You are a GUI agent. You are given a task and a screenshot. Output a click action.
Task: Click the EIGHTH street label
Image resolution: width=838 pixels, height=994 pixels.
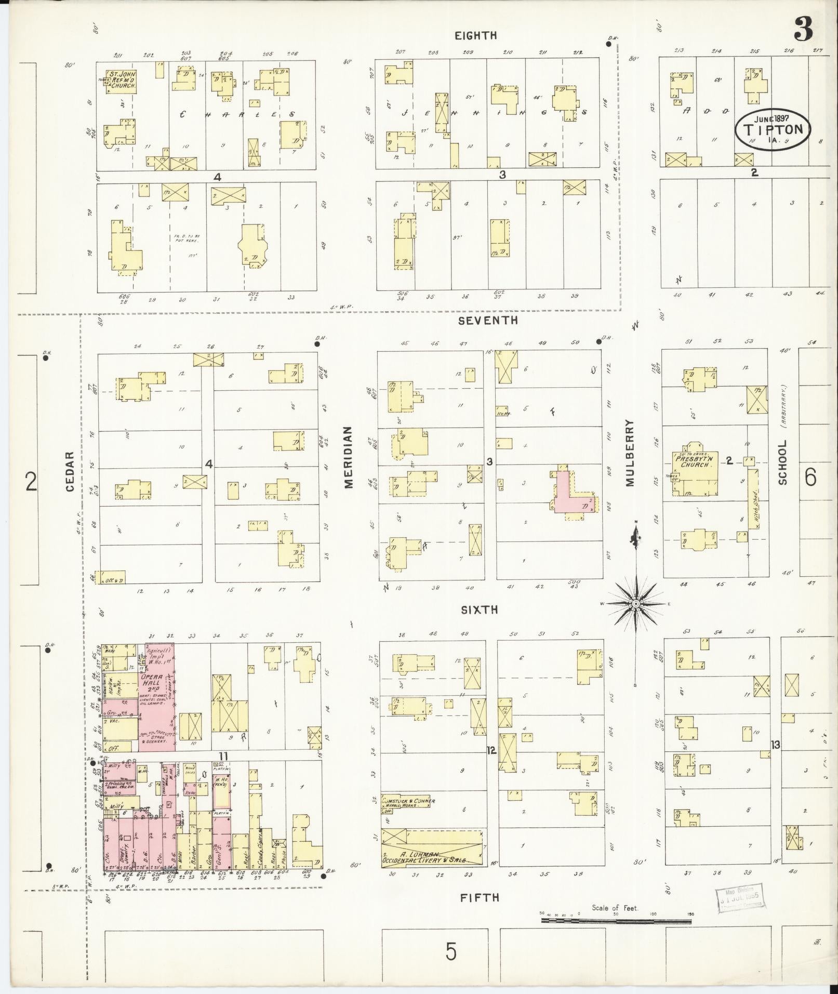[475, 35]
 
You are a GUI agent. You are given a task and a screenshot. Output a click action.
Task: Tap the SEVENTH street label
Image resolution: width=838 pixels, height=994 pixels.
[487, 321]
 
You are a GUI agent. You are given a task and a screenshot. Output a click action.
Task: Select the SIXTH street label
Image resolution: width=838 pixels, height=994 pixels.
[479, 609]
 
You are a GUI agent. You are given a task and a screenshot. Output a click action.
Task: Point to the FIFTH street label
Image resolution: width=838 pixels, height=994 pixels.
[480, 897]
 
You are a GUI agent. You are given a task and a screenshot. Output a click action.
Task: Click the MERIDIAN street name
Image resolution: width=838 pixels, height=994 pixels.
[348, 457]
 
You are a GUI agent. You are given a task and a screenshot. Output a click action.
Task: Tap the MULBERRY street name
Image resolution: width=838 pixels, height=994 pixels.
[630, 453]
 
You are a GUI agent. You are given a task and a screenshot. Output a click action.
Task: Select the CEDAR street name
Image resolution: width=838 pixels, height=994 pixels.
[71, 471]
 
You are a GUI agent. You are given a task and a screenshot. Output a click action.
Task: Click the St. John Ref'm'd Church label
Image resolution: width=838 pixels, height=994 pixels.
[122, 81]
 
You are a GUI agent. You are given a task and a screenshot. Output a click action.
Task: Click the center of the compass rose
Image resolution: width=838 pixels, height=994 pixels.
[635, 604]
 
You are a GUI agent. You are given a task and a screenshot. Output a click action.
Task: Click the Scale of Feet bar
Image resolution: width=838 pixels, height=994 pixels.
[616, 920]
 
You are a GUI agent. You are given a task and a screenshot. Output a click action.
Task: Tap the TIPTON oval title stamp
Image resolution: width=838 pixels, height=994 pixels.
[773, 128]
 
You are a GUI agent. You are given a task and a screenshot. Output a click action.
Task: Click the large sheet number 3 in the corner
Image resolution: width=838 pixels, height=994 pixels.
[804, 30]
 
